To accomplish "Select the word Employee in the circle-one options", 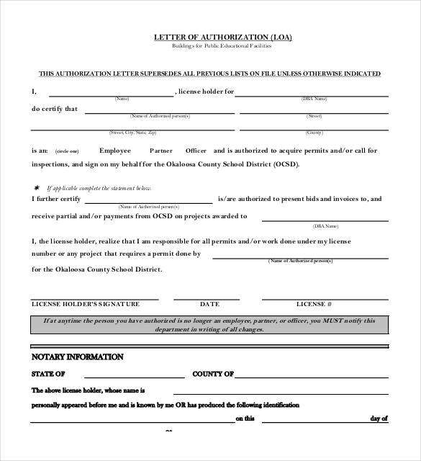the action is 115,151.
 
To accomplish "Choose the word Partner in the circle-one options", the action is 161,151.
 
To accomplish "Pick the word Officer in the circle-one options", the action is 196,151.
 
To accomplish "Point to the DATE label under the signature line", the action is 209,304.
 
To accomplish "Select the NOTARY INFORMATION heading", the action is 77,357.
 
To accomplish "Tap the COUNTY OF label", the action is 213,375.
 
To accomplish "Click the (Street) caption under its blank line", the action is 314,116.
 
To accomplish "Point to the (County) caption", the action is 314,133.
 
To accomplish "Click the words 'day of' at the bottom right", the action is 379,418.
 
